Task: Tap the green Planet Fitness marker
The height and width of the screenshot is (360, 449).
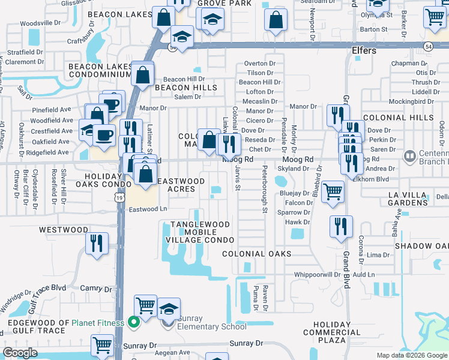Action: pos(134,323)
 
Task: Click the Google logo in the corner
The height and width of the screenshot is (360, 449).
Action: pos(20,353)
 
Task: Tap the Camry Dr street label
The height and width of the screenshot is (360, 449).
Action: pos(96,289)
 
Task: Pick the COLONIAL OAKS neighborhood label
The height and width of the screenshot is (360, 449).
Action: pos(256,254)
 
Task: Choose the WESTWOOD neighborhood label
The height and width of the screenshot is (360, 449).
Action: pos(64,230)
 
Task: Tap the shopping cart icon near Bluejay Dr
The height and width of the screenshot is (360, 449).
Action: pos(333,192)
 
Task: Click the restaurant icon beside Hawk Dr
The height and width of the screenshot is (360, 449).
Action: pos(340,227)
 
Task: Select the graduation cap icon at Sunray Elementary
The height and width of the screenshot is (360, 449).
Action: pos(169,308)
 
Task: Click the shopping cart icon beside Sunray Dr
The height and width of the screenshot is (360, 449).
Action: pos(103,346)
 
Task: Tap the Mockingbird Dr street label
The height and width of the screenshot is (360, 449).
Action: pos(419,101)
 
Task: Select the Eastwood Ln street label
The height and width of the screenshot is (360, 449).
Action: pos(148,209)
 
